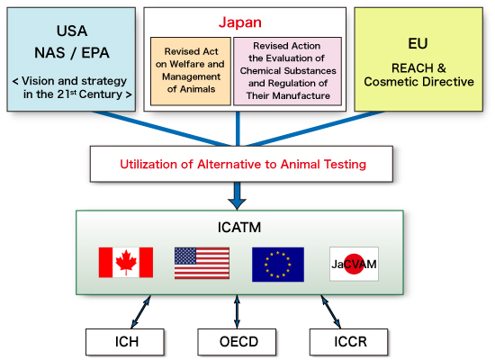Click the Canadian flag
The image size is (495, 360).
[x=126, y=263]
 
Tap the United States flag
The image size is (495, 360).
[x=202, y=263]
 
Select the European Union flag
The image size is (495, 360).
[x=278, y=265]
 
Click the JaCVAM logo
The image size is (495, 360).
[x=354, y=264]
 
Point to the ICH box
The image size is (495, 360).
[x=125, y=342]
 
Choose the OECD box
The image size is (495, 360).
[x=237, y=342]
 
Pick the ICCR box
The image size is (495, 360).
[x=348, y=342]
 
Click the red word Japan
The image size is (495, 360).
[x=240, y=22]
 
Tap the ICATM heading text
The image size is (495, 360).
[x=239, y=228]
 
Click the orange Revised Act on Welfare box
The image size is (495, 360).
[x=191, y=71]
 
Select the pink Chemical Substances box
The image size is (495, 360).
[x=287, y=71]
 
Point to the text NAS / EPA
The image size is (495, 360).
[x=72, y=53]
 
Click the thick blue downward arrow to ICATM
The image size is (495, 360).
[x=237, y=196]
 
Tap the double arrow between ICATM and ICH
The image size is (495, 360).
[x=140, y=311]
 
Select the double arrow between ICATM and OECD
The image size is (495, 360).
[x=237, y=311]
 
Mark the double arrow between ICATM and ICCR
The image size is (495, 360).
[x=331, y=311]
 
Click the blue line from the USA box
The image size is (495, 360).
[x=162, y=129]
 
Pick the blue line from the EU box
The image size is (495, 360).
[x=315, y=129]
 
